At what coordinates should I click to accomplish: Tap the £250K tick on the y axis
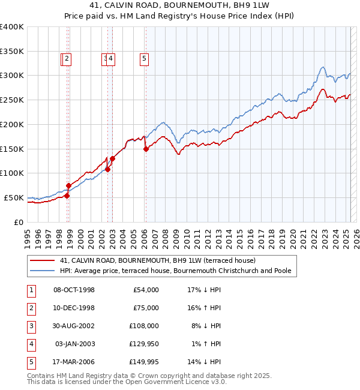point(12,100)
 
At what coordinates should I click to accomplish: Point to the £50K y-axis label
point(14,197)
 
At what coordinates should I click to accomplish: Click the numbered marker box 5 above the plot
point(145,59)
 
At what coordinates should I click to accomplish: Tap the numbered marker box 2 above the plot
point(67,59)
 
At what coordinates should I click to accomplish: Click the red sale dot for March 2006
point(146,149)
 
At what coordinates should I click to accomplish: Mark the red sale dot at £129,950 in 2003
point(112,158)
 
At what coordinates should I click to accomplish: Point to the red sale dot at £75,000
point(68,185)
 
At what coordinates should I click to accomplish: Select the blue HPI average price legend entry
point(175,271)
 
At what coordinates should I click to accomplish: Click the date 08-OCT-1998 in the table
point(74,290)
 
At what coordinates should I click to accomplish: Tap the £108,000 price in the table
point(144,326)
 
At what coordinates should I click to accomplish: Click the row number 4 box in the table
point(31,344)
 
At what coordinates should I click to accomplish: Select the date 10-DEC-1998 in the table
point(74,308)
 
